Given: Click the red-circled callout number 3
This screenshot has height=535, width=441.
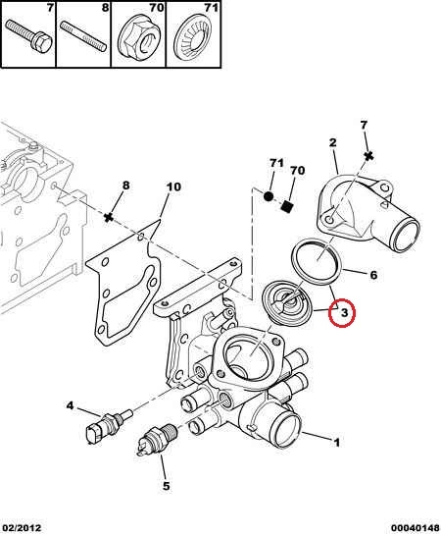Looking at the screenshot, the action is [x=344, y=312].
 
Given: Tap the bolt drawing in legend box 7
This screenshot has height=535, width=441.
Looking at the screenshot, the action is [x=28, y=35].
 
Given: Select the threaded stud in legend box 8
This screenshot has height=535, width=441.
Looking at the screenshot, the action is [x=83, y=35].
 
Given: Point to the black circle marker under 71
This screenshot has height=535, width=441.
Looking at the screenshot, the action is [x=269, y=196].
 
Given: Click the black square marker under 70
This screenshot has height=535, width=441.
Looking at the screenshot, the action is [x=287, y=206].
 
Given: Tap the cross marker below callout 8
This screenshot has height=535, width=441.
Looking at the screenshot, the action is [x=109, y=217].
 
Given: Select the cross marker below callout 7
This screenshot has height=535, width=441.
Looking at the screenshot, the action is [x=368, y=156].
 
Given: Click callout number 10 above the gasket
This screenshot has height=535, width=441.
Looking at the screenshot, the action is [x=173, y=187].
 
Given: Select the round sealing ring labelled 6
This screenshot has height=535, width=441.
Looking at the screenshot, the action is [x=317, y=261].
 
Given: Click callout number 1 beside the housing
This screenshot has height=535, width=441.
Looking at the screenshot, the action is [x=336, y=443].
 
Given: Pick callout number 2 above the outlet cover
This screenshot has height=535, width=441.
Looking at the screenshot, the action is [x=332, y=142].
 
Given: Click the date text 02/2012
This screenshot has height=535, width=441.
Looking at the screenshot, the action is [x=22, y=528].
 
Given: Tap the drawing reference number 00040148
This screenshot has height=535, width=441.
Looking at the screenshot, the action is [x=415, y=528].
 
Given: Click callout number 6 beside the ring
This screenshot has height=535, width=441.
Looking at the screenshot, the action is [x=373, y=275].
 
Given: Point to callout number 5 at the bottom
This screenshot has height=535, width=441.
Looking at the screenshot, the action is [x=166, y=486].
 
